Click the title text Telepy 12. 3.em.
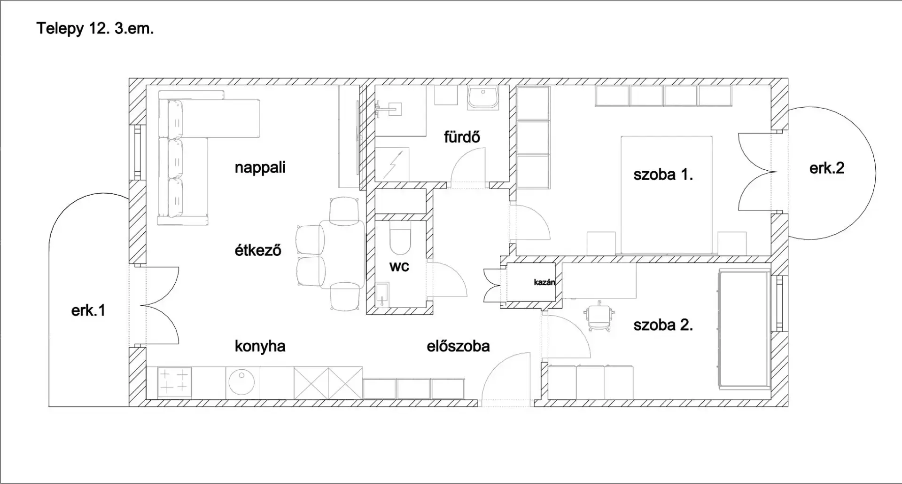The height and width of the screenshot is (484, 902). (95, 29)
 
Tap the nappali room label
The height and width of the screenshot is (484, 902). (260, 168)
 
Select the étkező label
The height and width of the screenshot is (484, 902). (258, 250)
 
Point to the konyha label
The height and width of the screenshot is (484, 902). (260, 347)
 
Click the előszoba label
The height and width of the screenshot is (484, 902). (458, 347)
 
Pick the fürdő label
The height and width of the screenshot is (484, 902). (462, 137)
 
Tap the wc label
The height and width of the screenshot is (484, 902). (399, 267)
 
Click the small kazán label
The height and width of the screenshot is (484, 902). (544, 282)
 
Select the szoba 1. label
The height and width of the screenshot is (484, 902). (663, 175)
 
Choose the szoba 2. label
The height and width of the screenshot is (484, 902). (663, 325)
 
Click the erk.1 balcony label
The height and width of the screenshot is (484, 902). (88, 310)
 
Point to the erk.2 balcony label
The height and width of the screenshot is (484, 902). (827, 168)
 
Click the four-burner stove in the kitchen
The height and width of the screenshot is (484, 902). (175, 381)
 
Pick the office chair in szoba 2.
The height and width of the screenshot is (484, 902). (599, 315)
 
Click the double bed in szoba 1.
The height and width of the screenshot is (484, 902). (667, 195)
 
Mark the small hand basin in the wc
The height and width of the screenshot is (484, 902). (383, 294)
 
